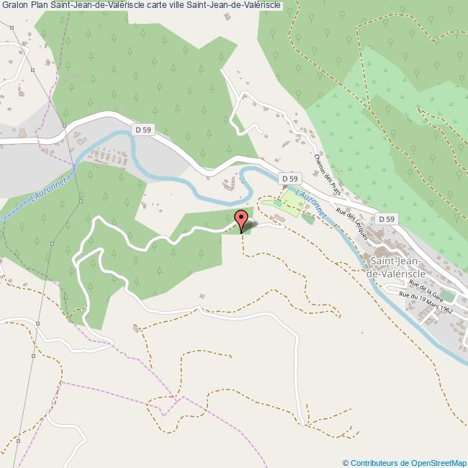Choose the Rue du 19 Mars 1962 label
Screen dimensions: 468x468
(x=426, y=305)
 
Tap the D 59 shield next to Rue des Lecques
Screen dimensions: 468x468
(x=387, y=219)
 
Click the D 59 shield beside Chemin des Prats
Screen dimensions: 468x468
(x=289, y=178)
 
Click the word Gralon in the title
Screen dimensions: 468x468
(x=15, y=6)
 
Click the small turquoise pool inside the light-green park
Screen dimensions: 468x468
(x=277, y=204)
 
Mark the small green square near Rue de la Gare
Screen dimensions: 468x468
(x=447, y=296)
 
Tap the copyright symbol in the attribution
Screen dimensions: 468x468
(x=346, y=463)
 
